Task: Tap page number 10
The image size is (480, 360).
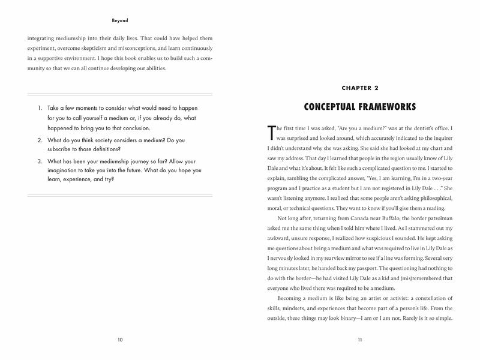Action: tap(120, 340)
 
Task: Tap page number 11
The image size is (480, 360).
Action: tap(359, 340)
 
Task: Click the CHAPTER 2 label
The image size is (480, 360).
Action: tap(360, 88)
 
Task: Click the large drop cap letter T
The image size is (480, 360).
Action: tap(270, 131)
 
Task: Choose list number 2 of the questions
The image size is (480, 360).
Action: tap(40, 139)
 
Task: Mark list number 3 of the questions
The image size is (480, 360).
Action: tap(40, 161)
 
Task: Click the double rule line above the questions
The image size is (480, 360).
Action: tap(120, 93)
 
